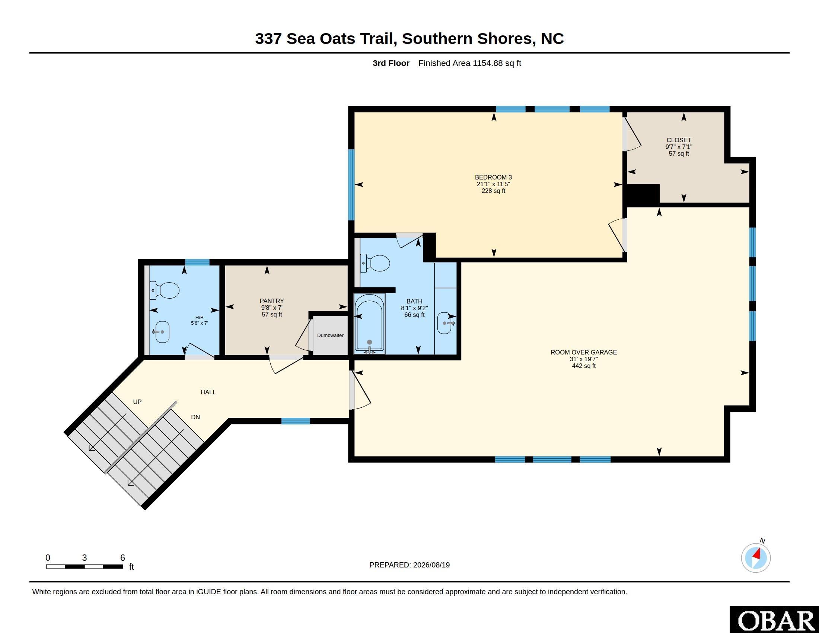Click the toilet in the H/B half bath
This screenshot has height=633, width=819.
tap(164, 291)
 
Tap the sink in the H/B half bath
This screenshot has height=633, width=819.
tap(162, 332)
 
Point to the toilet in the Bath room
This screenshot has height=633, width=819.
tap(375, 263)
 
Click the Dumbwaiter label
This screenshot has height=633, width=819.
tap(330, 335)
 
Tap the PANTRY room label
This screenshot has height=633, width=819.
tap(272, 301)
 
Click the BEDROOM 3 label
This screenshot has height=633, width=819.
tap(493, 177)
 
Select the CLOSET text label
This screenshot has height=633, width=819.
tap(679, 140)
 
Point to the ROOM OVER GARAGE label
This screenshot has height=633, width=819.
tap(583, 352)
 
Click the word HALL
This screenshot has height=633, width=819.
tap(208, 392)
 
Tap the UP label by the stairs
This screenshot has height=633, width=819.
tap(137, 402)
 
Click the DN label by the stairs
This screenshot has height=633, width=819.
tap(195, 417)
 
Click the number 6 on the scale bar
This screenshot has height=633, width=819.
tap(122, 558)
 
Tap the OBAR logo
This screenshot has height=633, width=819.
tap(774, 620)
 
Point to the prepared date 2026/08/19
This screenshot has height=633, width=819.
tap(431, 565)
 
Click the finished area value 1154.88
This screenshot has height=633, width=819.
tap(488, 63)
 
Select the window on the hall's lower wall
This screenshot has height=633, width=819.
tap(296, 421)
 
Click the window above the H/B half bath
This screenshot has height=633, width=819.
tap(197, 262)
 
